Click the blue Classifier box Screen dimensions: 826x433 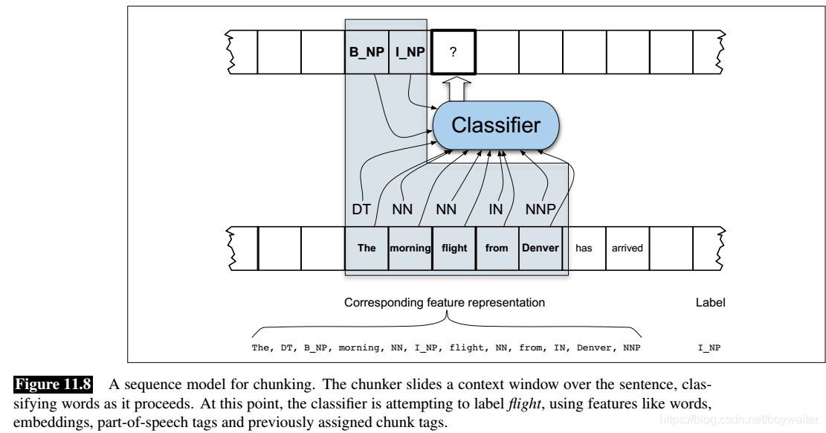[496, 125]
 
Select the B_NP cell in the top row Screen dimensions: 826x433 [367, 51]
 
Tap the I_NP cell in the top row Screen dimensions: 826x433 [410, 51]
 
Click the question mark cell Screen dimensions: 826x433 [453, 51]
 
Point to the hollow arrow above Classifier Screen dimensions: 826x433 [456, 89]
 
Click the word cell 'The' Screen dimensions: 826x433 [367, 248]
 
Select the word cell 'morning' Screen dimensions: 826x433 [410, 248]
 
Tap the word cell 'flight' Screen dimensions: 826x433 [454, 248]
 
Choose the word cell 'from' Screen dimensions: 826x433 [497, 248]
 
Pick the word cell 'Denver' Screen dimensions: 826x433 [541, 248]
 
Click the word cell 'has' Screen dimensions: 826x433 [584, 248]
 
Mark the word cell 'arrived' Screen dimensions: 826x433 [627, 248]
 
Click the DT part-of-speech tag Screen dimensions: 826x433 [361, 209]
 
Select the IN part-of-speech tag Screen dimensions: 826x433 [496, 209]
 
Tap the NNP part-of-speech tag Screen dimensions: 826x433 [541, 209]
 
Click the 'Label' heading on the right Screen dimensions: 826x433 [710, 303]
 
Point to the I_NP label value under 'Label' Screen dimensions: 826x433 [709, 347]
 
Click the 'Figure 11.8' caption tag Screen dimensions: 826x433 [54, 384]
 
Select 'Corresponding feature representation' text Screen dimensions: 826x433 [445, 303]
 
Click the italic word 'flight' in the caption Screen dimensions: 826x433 [524, 403]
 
